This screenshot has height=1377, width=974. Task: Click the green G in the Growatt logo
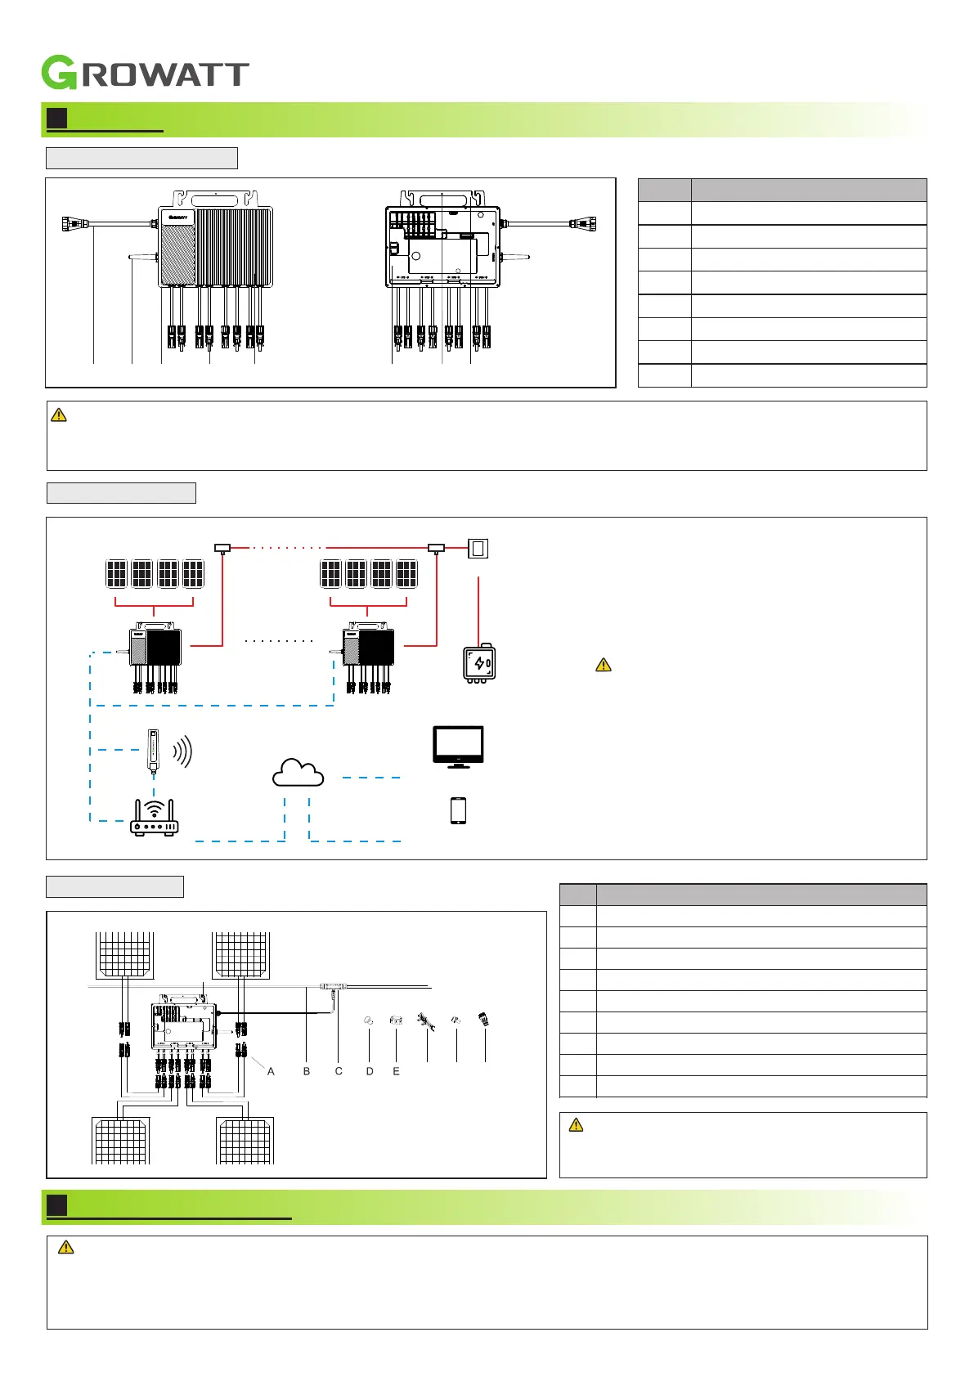(x=60, y=73)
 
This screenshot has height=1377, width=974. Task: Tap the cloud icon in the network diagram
(x=298, y=773)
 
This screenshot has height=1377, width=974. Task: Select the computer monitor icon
(x=458, y=746)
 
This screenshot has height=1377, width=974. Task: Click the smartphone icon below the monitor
(x=458, y=810)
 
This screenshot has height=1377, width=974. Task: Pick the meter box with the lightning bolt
(x=479, y=663)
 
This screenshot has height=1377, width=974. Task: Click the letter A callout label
(x=271, y=1071)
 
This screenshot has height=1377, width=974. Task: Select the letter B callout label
(x=307, y=1071)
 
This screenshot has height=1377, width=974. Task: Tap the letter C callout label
(x=339, y=1071)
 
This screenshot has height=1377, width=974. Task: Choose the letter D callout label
(x=370, y=1071)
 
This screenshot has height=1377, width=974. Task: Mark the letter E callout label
(x=397, y=1071)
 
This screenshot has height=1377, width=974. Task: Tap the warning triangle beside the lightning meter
(x=604, y=665)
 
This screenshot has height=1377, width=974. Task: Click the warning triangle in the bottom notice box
(x=66, y=1247)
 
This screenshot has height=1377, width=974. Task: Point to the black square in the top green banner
(x=56, y=119)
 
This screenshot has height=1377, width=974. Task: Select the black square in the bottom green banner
(x=56, y=1205)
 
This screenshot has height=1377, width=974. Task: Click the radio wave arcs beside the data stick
(x=182, y=751)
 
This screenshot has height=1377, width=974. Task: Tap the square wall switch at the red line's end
(x=478, y=548)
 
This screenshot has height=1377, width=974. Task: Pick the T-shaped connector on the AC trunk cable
(x=333, y=988)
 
